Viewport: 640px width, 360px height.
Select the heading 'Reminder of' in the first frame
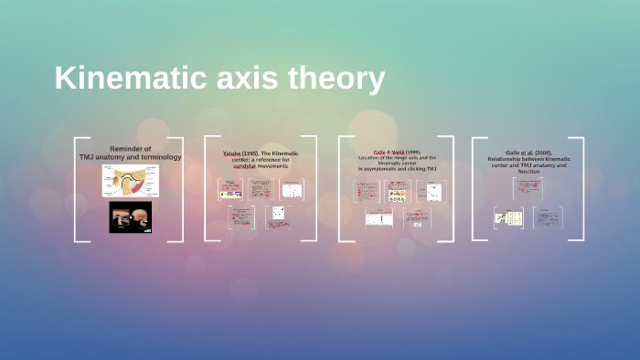[130, 148]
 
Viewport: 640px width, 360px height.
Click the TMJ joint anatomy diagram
[130, 181]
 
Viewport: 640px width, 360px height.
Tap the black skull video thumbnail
[130, 217]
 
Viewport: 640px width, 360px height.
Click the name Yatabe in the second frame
[235, 154]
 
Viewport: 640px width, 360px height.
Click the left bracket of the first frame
[77, 189]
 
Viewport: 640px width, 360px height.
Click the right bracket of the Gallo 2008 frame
[581, 189]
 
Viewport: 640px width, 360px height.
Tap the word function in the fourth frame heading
[529, 172]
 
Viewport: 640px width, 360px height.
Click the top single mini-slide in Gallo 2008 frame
[529, 188]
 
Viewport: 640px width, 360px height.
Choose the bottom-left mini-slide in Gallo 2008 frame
[508, 217]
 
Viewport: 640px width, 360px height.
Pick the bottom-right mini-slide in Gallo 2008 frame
[547, 217]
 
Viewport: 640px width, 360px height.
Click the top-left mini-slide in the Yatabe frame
[230, 189]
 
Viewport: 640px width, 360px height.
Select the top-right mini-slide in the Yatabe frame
[292, 189]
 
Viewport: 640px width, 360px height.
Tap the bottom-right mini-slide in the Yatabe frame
[277, 217]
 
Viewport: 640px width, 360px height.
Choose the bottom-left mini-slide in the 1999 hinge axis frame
[379, 218]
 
